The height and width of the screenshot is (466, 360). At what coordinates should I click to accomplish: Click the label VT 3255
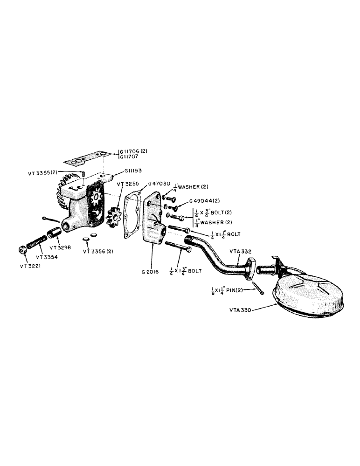[125, 184]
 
